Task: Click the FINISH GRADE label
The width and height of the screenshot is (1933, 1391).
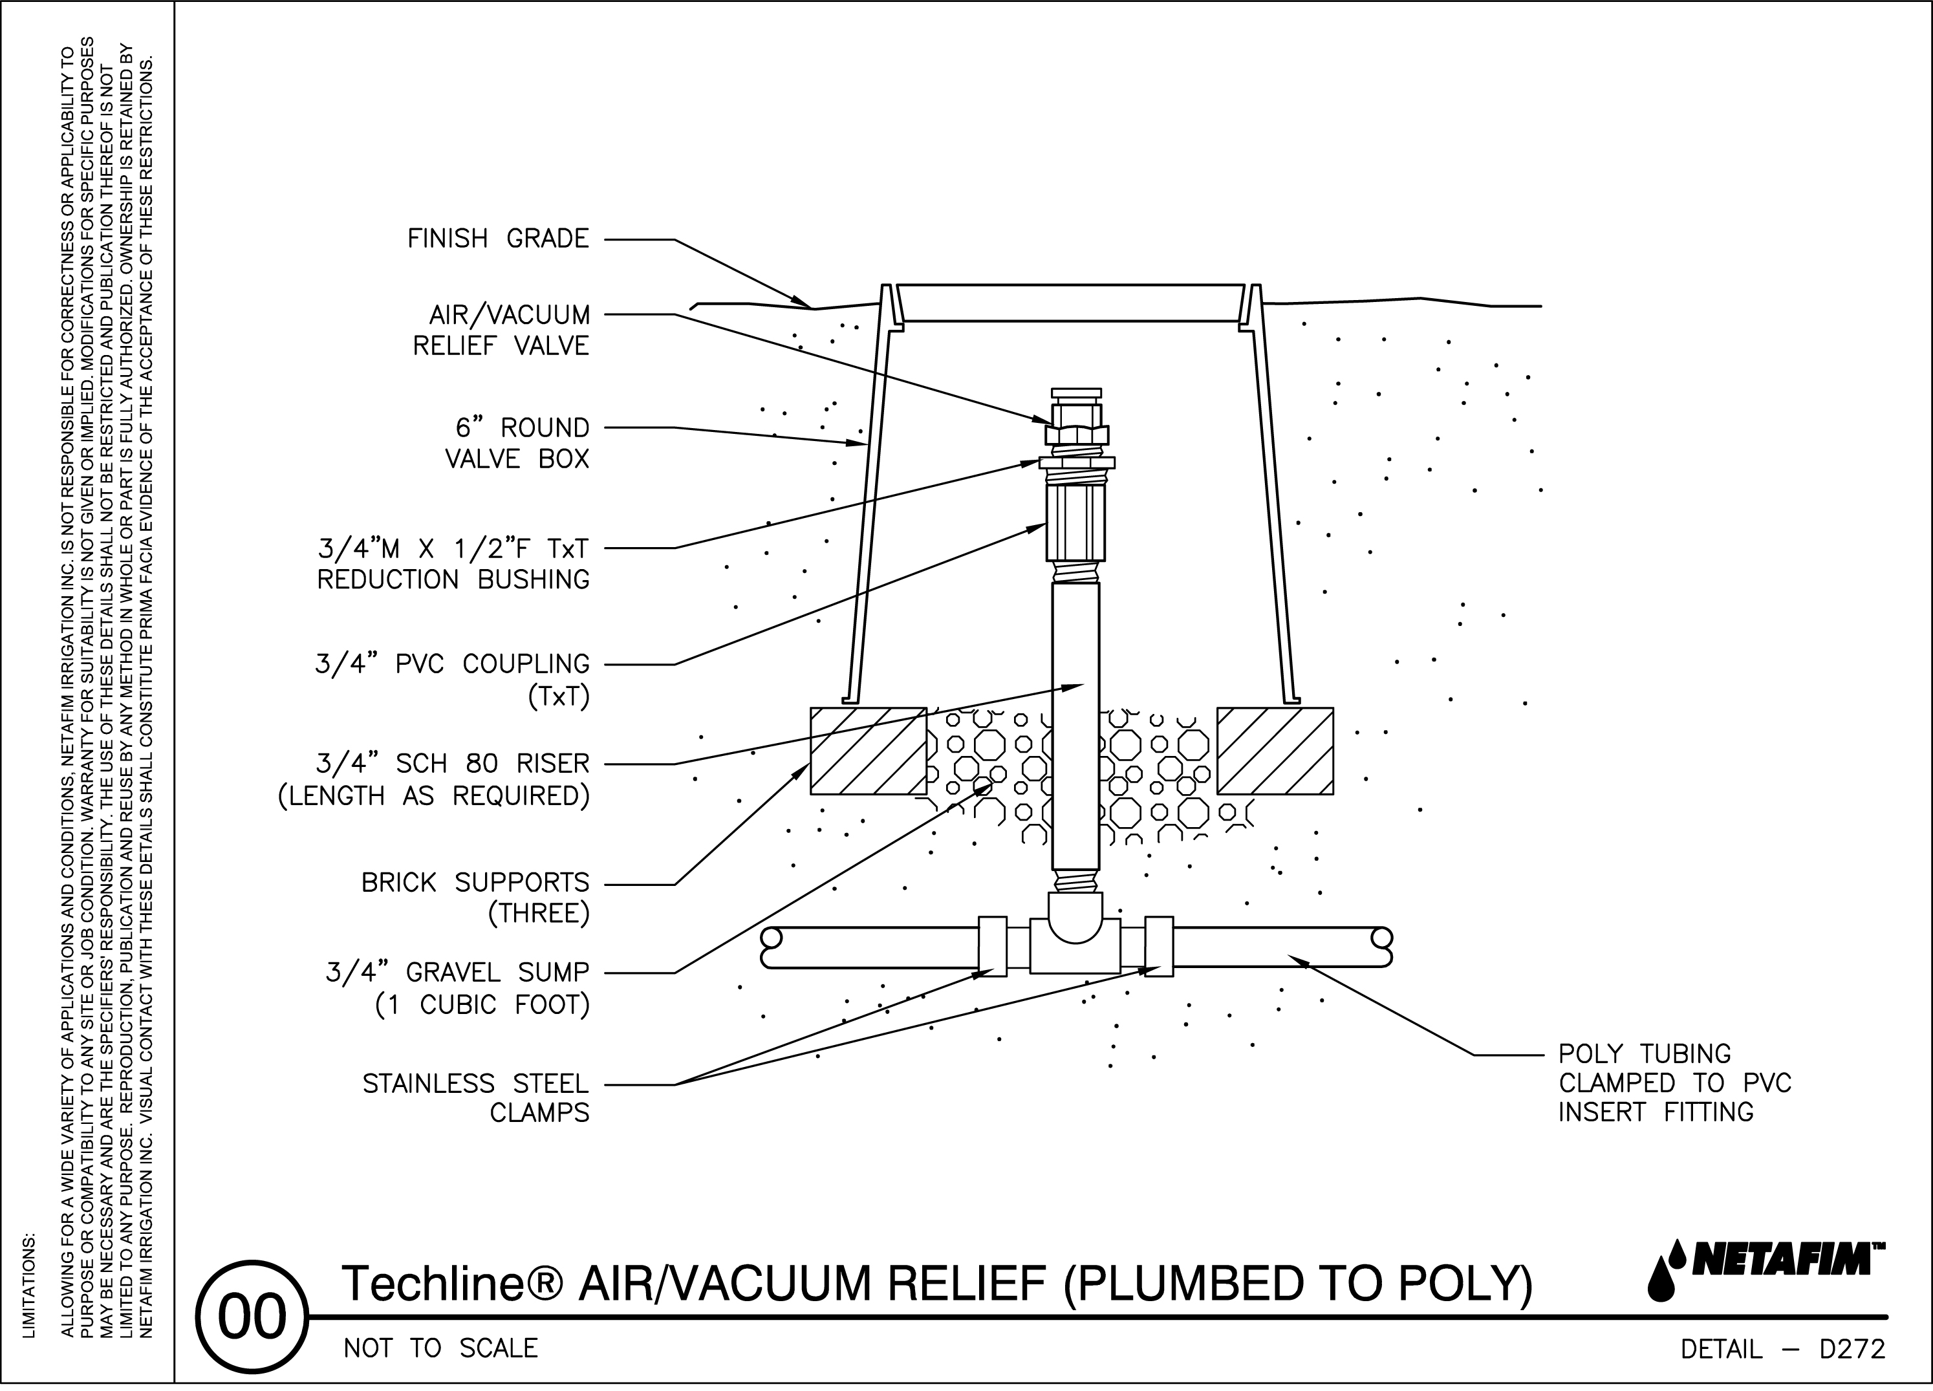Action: (498, 239)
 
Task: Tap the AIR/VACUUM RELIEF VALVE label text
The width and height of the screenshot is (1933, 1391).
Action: (509, 330)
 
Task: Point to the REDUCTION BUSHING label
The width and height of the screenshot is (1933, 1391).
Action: (453, 579)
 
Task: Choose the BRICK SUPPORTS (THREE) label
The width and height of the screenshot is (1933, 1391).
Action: (475, 898)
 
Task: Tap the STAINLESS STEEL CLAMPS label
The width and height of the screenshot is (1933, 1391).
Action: (475, 1098)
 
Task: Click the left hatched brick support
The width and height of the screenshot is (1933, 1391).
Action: (868, 751)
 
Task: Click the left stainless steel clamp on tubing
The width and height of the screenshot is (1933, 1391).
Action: (992, 946)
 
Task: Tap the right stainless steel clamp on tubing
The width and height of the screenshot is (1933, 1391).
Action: (1158, 946)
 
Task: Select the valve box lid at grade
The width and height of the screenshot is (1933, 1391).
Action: (1070, 303)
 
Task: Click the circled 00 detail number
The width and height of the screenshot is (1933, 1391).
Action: (252, 1317)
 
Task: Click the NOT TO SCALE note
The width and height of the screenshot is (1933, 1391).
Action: (440, 1348)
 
